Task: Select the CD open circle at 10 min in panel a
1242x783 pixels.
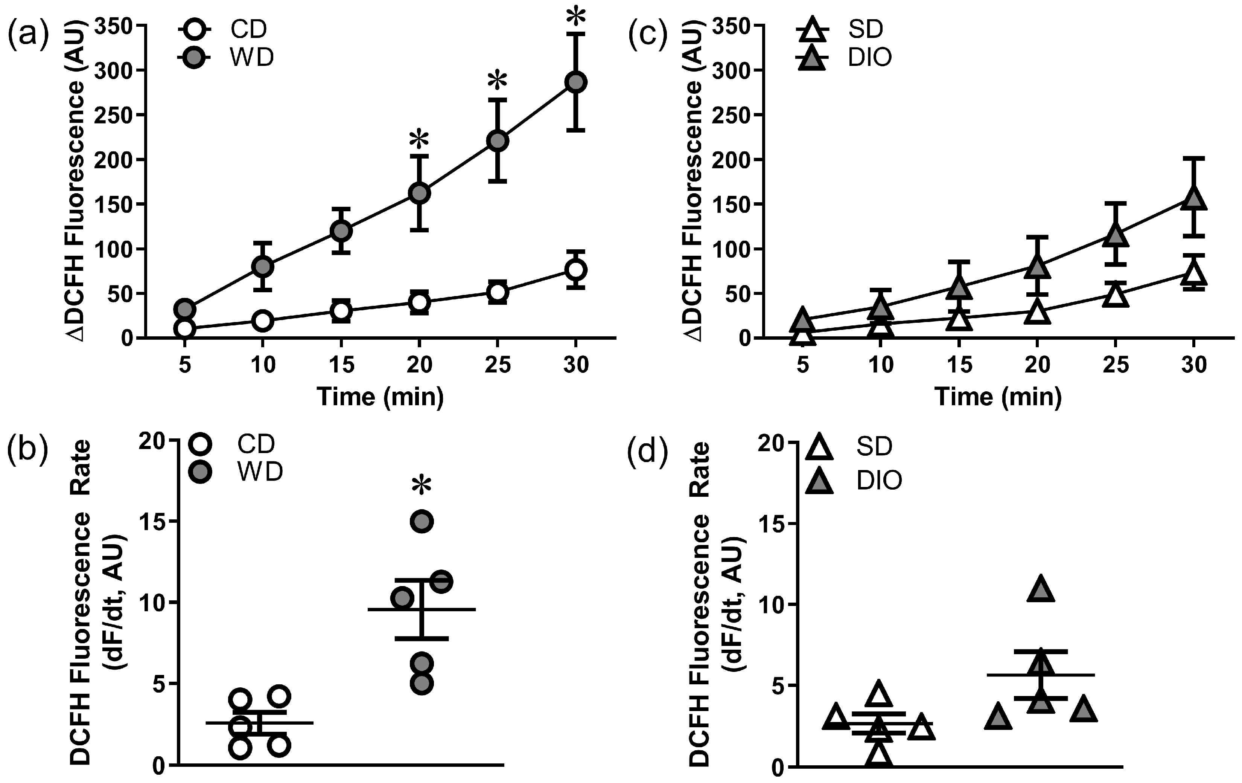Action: pos(263,321)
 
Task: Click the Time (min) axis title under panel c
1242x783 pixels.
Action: pos(998,397)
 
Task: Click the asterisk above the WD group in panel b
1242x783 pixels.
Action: pos(422,485)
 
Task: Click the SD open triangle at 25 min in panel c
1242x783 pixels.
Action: pos(1115,296)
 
